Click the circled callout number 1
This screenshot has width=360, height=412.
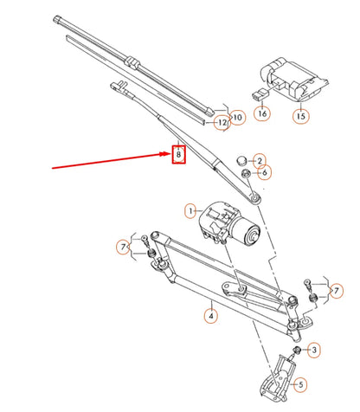coord(191,209)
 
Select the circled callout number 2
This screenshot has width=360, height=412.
coord(260,160)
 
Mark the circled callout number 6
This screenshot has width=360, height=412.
coord(265,172)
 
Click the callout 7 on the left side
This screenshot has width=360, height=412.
coord(124,248)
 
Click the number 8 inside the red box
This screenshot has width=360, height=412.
coord(178,155)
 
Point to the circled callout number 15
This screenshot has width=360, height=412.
coord(300,113)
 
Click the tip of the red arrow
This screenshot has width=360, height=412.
coord(169,156)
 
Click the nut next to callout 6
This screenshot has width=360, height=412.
coord(246,172)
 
